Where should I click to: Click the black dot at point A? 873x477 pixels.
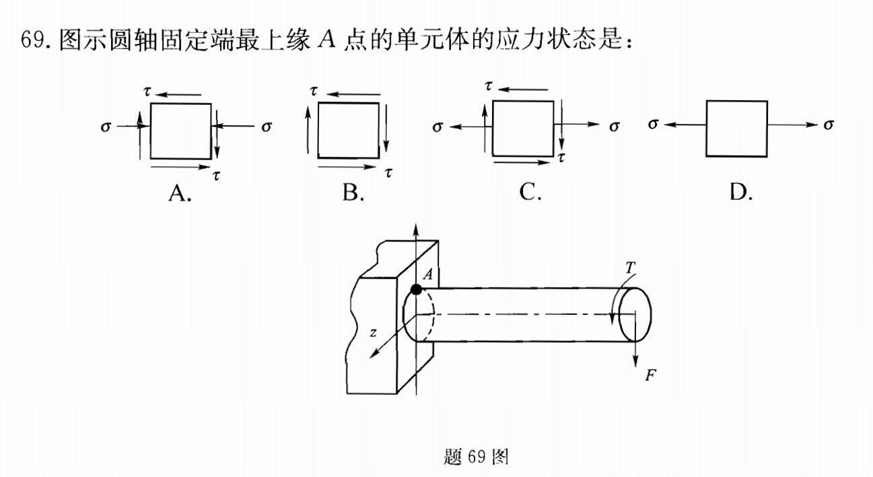(x=417, y=289)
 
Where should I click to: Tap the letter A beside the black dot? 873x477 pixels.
(x=428, y=274)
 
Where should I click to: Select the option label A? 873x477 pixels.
(x=180, y=193)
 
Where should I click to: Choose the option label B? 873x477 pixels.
(x=353, y=193)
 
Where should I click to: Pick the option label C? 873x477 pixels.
(x=530, y=193)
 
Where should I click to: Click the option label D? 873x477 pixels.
(x=740, y=193)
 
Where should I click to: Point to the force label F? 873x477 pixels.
(x=650, y=375)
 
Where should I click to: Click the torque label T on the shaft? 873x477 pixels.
(x=630, y=268)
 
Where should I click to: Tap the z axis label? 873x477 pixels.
(x=373, y=332)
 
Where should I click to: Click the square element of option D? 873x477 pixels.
(x=736, y=129)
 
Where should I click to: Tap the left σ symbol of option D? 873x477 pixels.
(x=653, y=124)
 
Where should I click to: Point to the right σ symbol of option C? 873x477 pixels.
(x=614, y=126)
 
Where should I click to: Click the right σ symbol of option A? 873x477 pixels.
(x=267, y=126)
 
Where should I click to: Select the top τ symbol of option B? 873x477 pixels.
(x=314, y=90)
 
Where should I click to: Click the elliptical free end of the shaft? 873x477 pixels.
(x=635, y=314)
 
